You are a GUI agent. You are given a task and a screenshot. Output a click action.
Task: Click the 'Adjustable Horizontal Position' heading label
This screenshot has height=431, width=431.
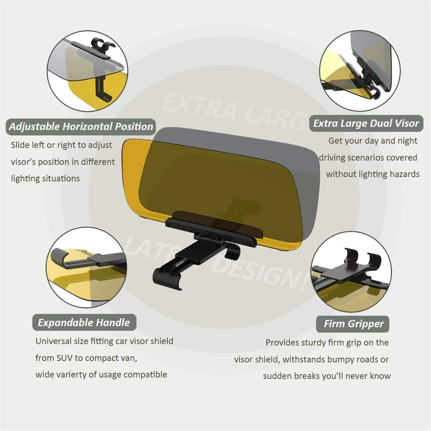[x=81, y=127]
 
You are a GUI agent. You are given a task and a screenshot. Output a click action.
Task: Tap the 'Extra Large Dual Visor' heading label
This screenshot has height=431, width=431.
[x=366, y=123]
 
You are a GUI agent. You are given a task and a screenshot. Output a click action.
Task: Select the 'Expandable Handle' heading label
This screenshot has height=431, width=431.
[x=84, y=322]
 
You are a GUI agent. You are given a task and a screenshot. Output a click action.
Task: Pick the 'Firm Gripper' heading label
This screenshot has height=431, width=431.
[x=353, y=324]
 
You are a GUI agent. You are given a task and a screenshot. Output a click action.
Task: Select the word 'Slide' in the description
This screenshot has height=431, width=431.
[x=20, y=145]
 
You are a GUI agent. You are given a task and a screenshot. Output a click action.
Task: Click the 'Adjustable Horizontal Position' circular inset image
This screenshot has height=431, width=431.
[x=88, y=71]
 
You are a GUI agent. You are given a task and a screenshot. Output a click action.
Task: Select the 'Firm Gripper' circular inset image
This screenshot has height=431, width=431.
[x=351, y=272]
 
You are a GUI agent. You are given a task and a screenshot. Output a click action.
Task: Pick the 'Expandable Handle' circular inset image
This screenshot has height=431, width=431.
[x=86, y=268]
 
